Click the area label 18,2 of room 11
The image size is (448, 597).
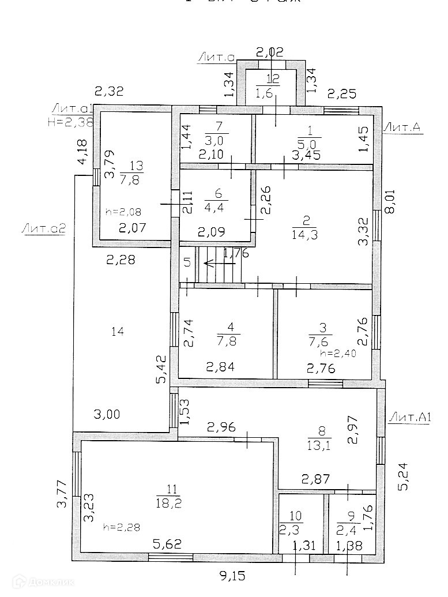click(168, 503)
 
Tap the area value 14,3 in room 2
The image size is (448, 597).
click(305, 235)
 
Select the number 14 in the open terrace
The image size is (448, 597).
click(118, 331)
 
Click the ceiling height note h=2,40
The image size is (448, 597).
click(338, 354)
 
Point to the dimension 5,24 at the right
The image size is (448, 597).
click(405, 478)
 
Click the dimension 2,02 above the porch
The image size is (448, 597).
click(269, 52)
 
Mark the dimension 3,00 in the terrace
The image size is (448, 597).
click(108, 414)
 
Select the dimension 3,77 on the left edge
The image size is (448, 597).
click(62, 495)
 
